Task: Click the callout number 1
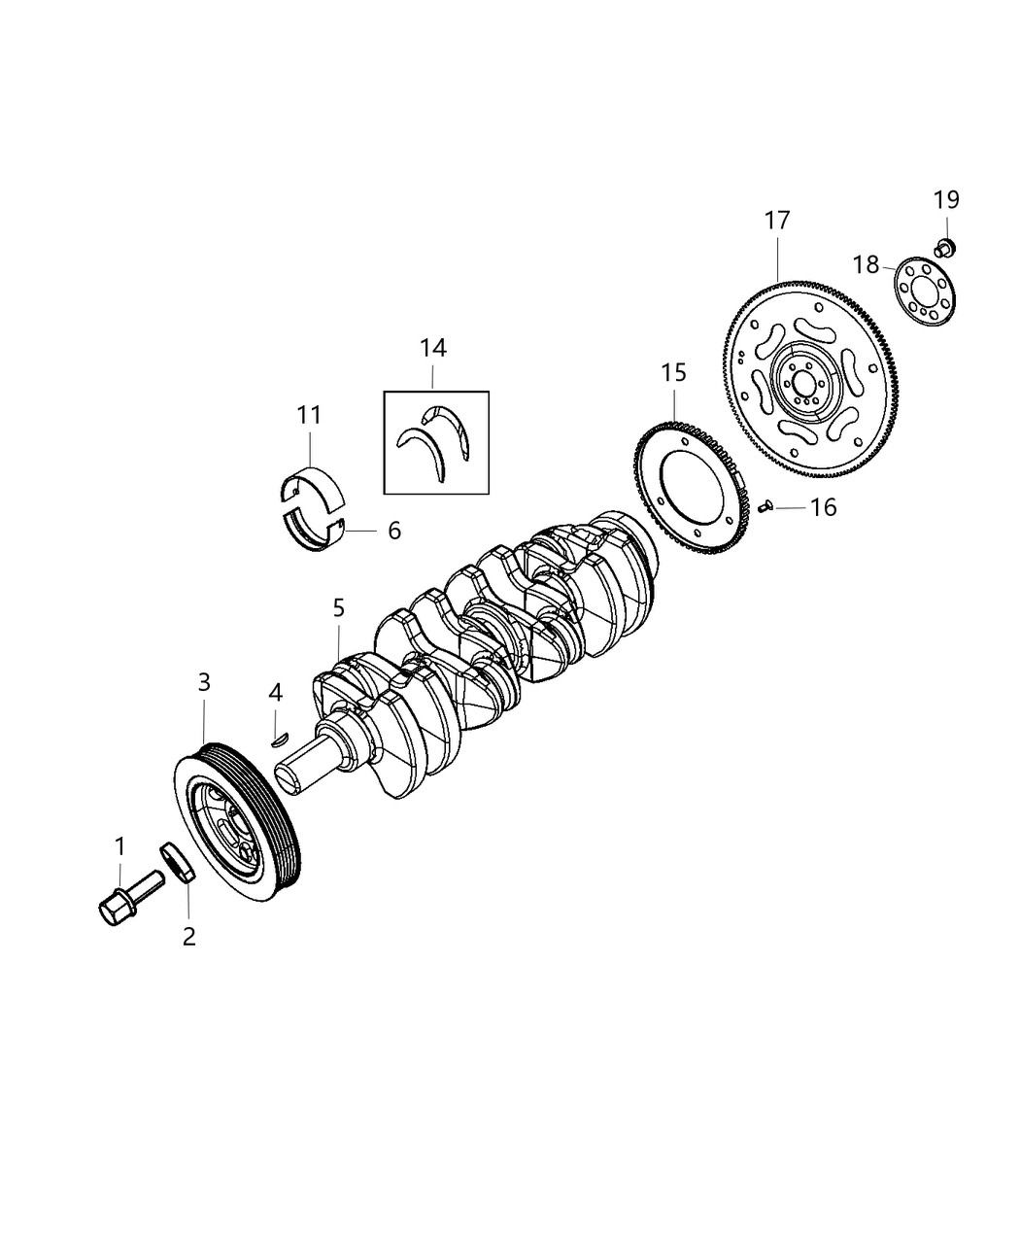tap(120, 846)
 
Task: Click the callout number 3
tap(204, 683)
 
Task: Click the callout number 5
tap(338, 608)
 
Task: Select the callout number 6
tap(393, 531)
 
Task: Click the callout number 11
tap(309, 415)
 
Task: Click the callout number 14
tap(433, 348)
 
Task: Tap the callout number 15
tap(673, 371)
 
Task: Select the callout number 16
tap(823, 507)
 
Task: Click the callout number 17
tap(777, 221)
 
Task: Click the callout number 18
tap(867, 264)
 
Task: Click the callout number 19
tap(946, 200)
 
